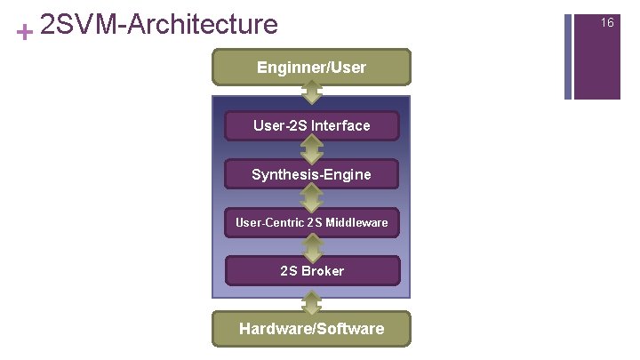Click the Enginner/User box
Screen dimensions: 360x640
[311, 67]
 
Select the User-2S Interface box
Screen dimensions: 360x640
[311, 125]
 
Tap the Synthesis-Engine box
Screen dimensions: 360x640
[311, 174]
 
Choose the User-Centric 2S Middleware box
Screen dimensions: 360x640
[311, 222]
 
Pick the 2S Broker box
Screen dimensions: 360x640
[311, 270]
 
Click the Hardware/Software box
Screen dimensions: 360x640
[311, 328]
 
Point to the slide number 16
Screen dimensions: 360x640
[607, 22]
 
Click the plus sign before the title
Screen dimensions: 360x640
[25, 32]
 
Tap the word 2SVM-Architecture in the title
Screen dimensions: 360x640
[159, 24]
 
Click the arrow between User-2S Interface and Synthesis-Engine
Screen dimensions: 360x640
[311, 149]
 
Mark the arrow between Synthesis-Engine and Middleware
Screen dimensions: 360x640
[311, 198]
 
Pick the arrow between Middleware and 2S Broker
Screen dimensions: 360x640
[311, 246]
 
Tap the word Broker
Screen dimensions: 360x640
[323, 270]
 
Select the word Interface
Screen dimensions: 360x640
[340, 125]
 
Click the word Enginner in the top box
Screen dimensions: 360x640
[286, 67]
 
